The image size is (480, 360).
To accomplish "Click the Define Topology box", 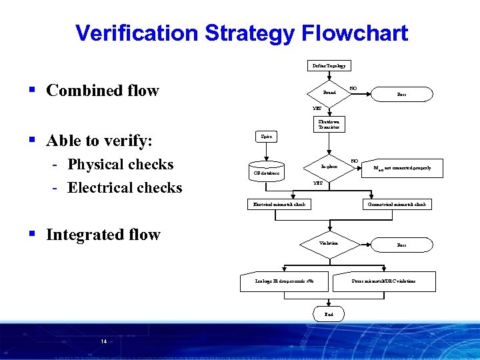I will pos(329,65).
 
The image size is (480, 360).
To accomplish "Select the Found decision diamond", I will pos(329,93).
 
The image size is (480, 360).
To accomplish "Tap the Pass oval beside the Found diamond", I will pos(401,95).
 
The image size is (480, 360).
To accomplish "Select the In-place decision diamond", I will pos(329,166).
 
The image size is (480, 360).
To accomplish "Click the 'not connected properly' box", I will pos(401,168).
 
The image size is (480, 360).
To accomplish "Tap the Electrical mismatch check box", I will pos(279,204).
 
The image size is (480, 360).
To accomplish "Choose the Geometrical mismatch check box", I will pos(397,204).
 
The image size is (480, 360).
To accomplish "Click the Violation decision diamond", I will pos(329,244).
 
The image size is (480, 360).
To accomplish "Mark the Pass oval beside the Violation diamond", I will pos(401,245).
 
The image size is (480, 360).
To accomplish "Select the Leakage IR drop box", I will pos(285,281).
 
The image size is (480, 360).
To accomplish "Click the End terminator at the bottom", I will pos(329,313).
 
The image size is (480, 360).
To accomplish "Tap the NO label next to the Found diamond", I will pos(353,87).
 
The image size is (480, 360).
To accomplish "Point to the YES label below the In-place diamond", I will pos(317,183).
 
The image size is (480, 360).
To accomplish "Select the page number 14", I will pos(103,341).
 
